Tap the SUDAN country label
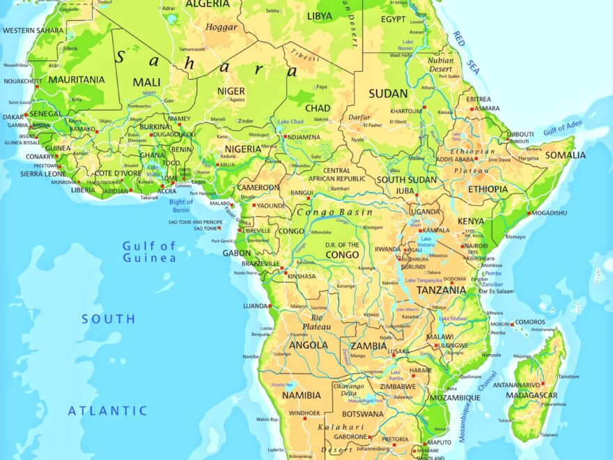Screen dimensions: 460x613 (x=388, y=93)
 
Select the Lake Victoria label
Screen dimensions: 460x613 (x=426, y=243)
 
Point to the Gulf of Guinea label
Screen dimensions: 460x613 (x=149, y=252)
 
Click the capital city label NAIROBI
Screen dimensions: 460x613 (x=476, y=245)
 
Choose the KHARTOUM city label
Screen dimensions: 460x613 (x=405, y=112)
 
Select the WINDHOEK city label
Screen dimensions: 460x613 (x=304, y=413)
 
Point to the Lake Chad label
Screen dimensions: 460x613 (x=292, y=122)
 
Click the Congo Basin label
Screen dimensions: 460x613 (x=334, y=212)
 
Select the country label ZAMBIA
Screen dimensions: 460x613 (x=369, y=346)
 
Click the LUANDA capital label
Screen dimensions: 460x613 (x=256, y=306)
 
